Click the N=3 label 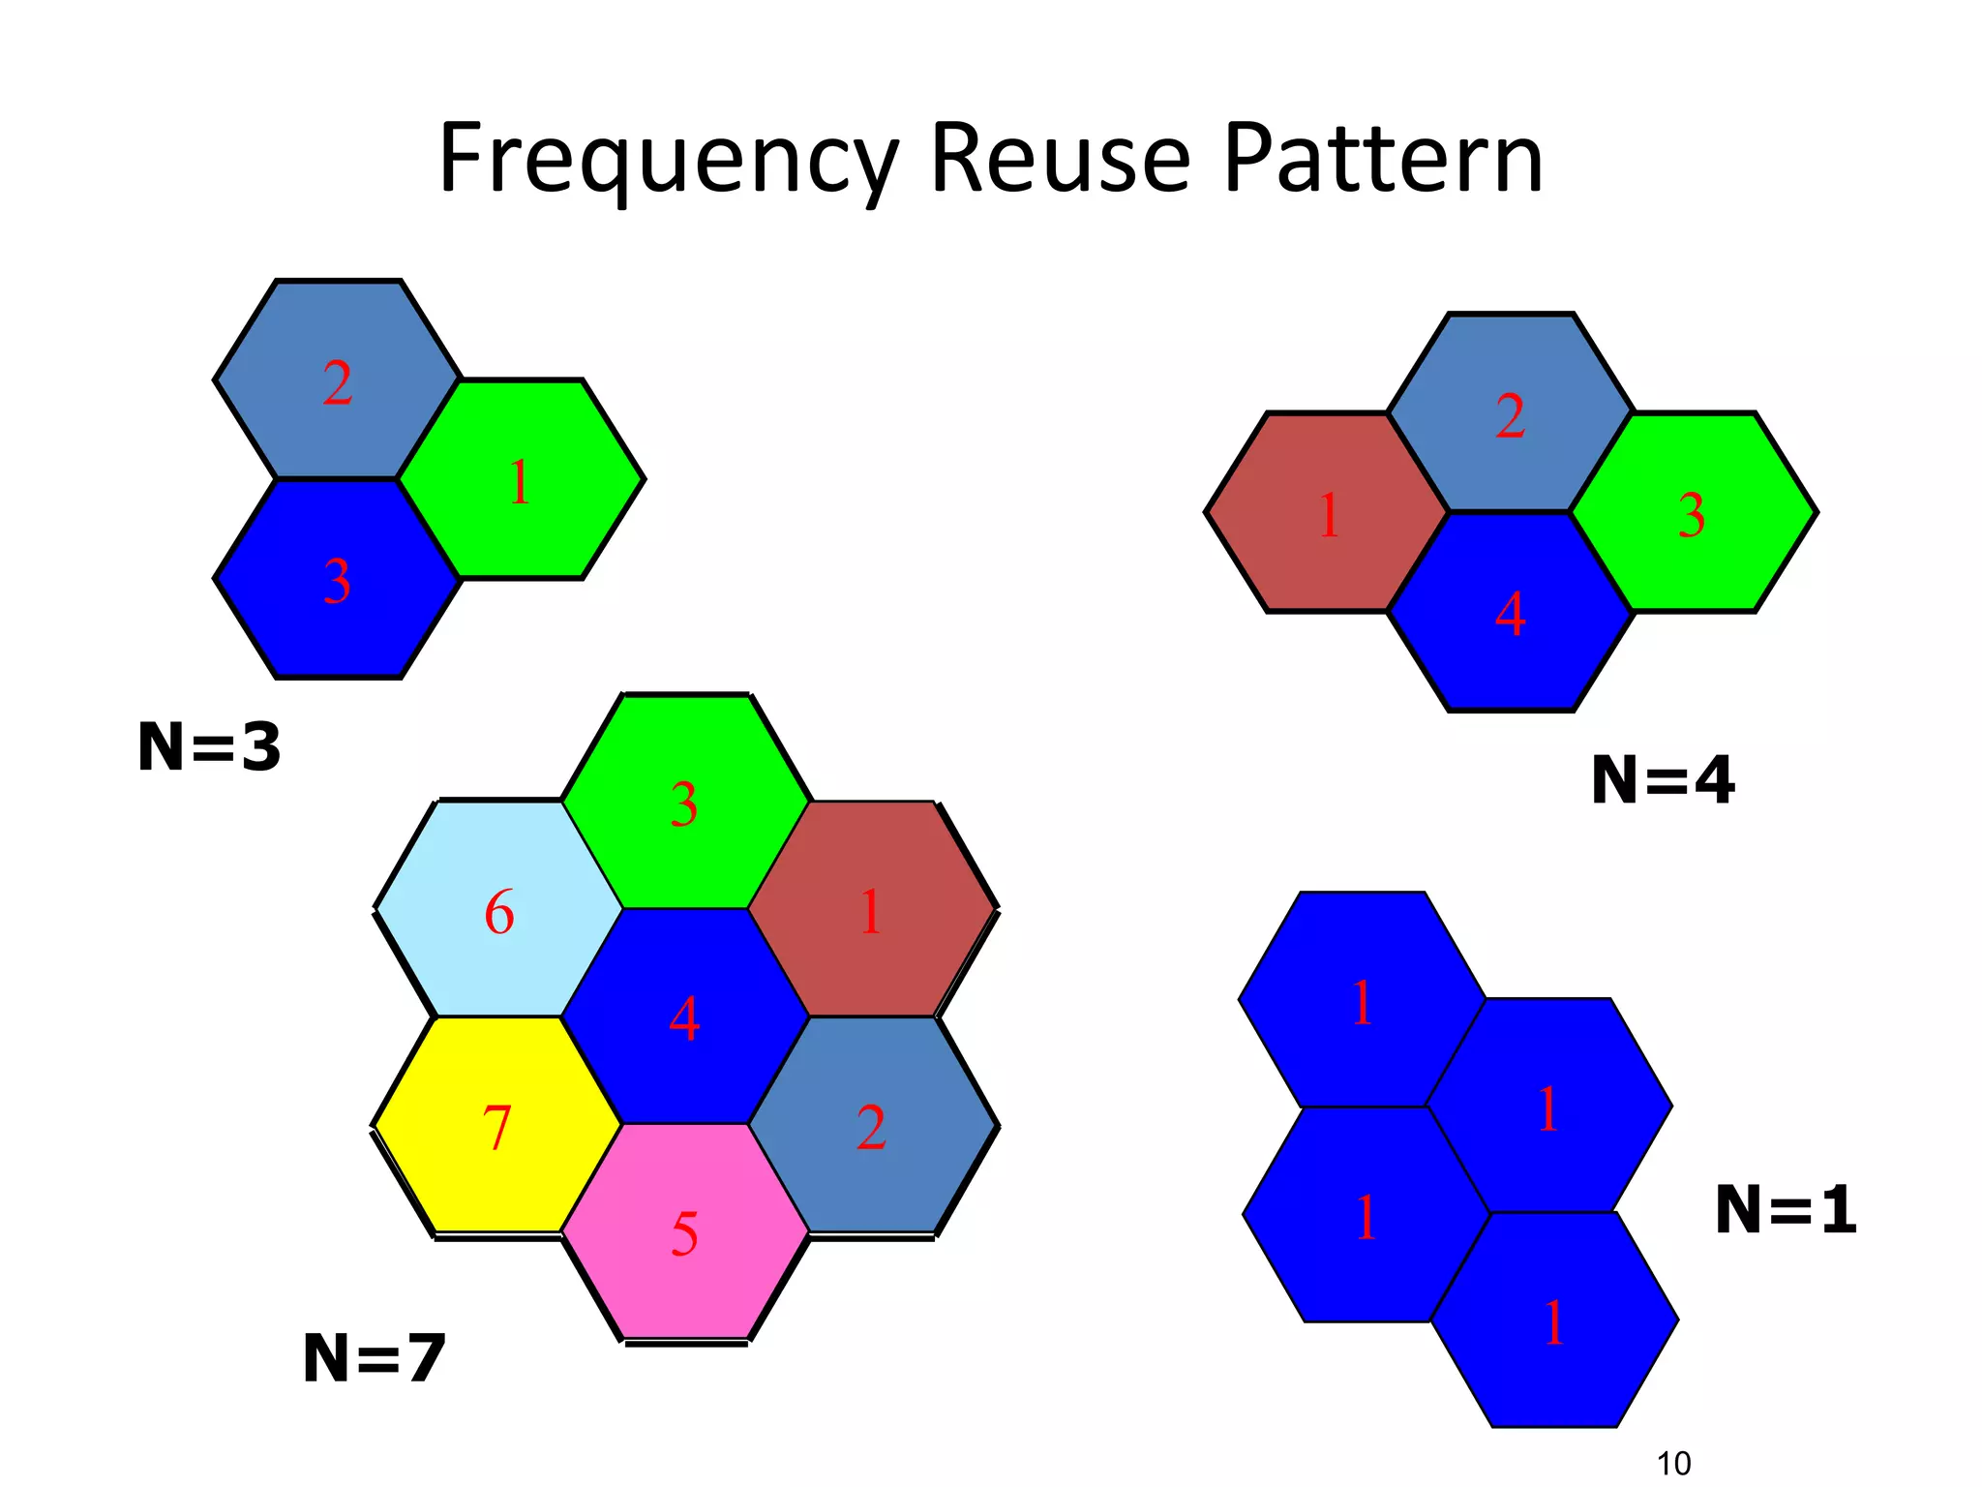[x=209, y=747]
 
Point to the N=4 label [x=1663, y=780]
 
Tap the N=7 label [x=374, y=1358]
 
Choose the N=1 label [x=1786, y=1210]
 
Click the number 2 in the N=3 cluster [x=337, y=384]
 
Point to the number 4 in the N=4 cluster [x=1510, y=615]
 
